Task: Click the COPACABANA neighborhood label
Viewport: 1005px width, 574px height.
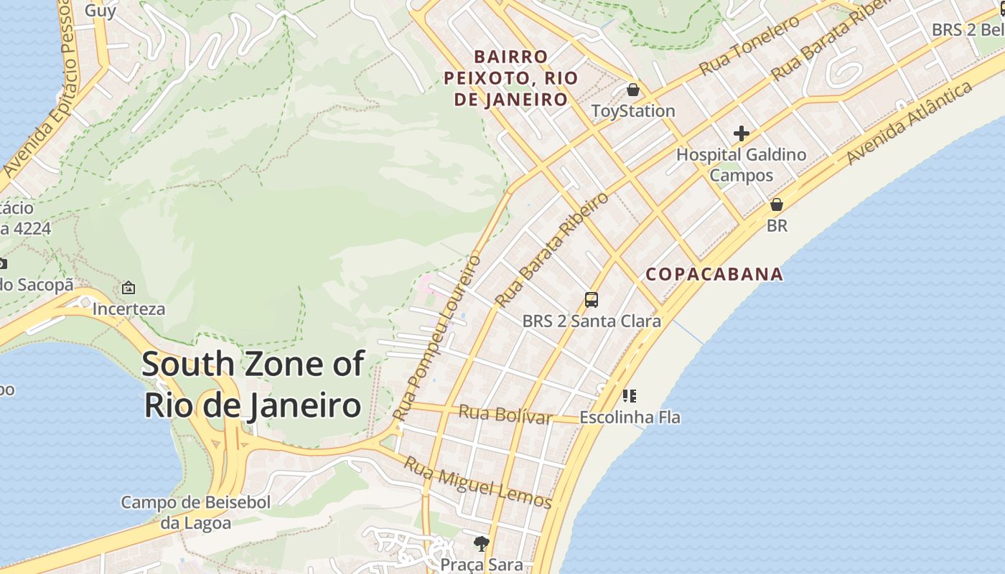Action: (714, 274)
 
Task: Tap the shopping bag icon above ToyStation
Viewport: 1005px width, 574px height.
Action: (633, 90)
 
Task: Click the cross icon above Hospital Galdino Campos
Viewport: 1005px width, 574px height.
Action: (741, 133)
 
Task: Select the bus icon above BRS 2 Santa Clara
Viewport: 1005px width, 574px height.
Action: (592, 300)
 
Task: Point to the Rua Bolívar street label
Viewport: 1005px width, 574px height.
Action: (505, 414)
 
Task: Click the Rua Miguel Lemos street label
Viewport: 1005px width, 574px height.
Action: (477, 483)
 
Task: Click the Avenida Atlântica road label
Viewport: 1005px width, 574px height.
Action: (910, 123)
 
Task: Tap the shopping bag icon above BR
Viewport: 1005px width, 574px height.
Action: (776, 204)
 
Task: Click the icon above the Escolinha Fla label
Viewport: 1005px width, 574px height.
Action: (630, 396)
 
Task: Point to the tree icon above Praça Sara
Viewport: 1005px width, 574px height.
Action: (481, 544)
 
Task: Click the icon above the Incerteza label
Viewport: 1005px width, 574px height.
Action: (128, 288)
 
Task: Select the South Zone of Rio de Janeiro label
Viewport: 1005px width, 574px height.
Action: (253, 385)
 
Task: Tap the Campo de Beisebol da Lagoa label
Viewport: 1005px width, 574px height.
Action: (195, 512)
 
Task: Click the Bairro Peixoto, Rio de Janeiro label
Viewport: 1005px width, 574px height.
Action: (511, 77)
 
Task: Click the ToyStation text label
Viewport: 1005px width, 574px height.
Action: (633, 111)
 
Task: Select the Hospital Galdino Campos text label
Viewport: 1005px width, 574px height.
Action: (741, 164)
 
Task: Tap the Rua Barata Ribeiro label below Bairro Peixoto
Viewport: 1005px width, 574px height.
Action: (552, 249)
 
